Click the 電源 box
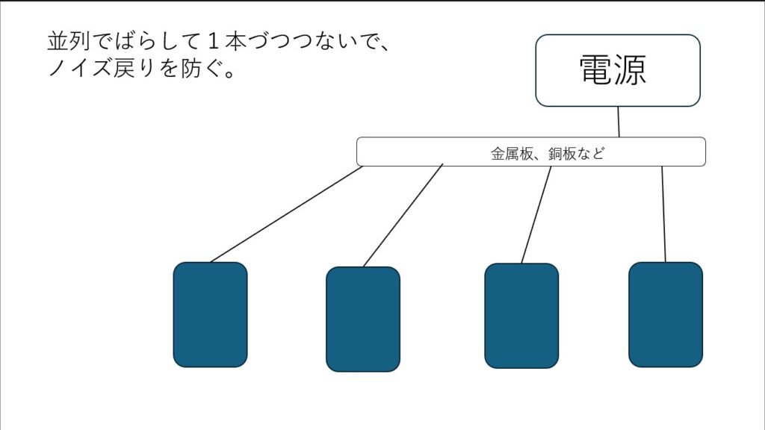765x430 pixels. click(617, 70)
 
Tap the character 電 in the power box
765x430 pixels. click(595, 70)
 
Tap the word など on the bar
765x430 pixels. click(592, 155)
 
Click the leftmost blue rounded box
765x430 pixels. click(210, 314)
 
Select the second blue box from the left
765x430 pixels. click(363, 319)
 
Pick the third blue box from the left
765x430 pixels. click(521, 315)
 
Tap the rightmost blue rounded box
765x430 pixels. click(666, 314)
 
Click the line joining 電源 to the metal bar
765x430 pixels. click(619, 122)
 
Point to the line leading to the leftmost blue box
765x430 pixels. click(286, 214)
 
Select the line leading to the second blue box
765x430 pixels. click(403, 216)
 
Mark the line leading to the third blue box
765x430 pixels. click(536, 214)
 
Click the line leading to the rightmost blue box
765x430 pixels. click(663, 214)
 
